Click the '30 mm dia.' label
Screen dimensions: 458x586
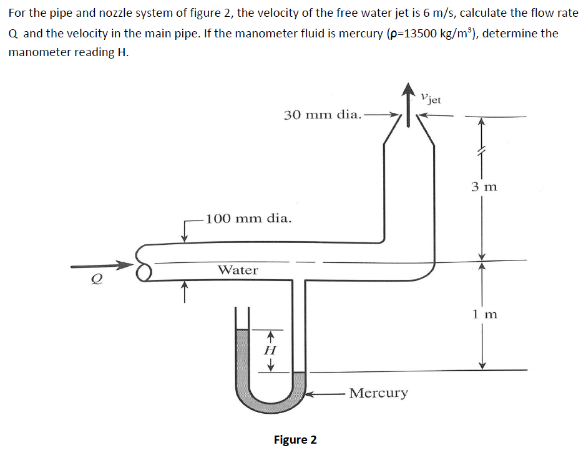click(322, 115)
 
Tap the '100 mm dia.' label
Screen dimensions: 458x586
click(248, 219)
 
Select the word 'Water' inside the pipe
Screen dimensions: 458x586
click(237, 270)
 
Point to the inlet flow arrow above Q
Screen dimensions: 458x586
click(103, 267)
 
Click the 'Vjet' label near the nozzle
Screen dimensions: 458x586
click(431, 98)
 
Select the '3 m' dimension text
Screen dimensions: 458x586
click(484, 186)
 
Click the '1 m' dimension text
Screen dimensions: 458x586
click(484, 314)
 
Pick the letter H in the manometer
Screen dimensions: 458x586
click(270, 351)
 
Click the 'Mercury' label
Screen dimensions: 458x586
click(379, 393)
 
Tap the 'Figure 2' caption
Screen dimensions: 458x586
click(295, 440)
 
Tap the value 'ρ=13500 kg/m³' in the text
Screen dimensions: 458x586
click(426, 33)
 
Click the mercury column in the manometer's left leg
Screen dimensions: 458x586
click(243, 358)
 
